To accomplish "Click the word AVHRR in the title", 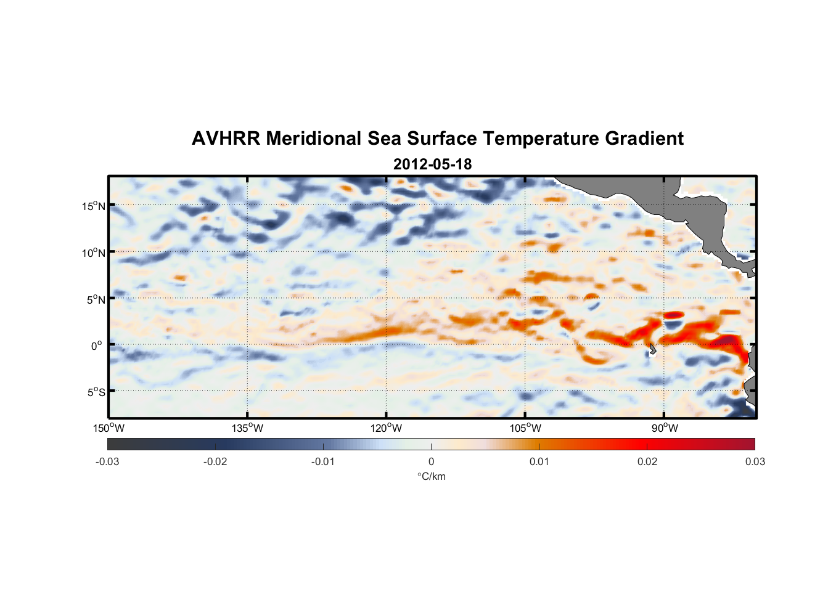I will click(226, 139).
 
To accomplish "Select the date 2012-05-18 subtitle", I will click(432, 164).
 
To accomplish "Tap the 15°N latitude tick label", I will click(94, 206).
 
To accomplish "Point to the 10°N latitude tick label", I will click(94, 253).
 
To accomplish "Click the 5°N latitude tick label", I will click(96, 299).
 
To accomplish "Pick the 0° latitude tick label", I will click(97, 346).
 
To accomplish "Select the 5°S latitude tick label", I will click(96, 392).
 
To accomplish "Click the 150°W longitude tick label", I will click(109, 428).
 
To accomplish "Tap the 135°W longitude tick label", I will click(248, 428).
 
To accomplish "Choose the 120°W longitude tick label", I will click(387, 428).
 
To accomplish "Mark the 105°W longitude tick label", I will click(525, 428).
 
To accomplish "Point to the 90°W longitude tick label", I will click(665, 428).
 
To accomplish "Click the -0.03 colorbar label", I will click(107, 462).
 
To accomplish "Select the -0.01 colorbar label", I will click(323, 462).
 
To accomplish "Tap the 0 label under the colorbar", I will click(431, 462).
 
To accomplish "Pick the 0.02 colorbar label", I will click(647, 462).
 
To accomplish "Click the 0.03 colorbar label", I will click(755, 462).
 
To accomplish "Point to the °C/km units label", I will click(431, 477).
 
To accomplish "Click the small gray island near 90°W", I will click(652, 349).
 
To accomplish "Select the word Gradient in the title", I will click(644, 139).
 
